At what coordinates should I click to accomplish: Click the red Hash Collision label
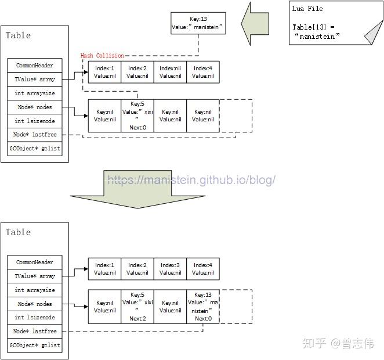click(x=102, y=56)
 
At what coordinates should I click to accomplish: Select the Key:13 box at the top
click(x=198, y=23)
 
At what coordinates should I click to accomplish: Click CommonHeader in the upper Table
click(x=35, y=66)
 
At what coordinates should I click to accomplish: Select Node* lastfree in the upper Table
click(x=35, y=135)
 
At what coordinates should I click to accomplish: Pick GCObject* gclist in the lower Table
click(x=35, y=345)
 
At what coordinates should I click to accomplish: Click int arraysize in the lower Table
click(x=35, y=290)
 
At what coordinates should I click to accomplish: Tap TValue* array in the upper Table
click(x=35, y=80)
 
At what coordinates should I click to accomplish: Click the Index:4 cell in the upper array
click(x=203, y=73)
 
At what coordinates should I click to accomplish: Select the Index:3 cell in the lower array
click(x=170, y=269)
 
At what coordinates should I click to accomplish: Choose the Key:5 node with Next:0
click(x=137, y=116)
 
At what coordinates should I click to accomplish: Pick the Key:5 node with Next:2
click(x=137, y=307)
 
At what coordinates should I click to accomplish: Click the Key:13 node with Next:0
click(x=203, y=307)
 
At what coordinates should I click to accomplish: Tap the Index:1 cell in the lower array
click(x=105, y=269)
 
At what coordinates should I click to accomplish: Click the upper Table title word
click(x=18, y=35)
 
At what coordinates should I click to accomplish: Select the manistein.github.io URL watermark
click(x=191, y=180)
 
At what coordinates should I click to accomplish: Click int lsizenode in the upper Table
click(x=35, y=121)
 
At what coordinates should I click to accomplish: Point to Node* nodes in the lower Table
click(x=35, y=304)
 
